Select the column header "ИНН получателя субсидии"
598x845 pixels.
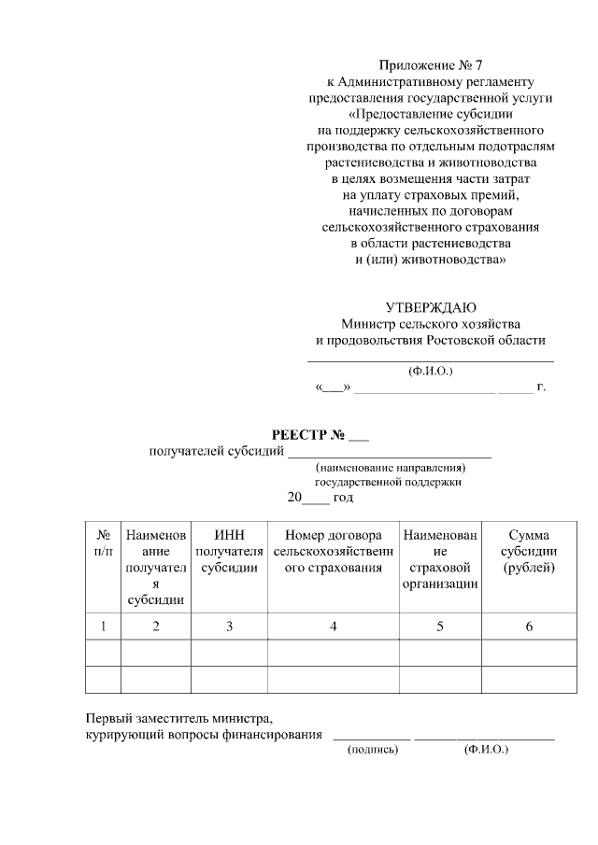tap(230, 552)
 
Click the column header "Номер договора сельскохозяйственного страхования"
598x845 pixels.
tap(333, 552)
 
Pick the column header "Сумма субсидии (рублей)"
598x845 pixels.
tap(528, 552)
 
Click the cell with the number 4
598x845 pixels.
tap(333, 626)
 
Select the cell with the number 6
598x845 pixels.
tap(528, 626)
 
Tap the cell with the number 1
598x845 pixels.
tap(103, 626)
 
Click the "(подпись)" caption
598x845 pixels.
tap(372, 749)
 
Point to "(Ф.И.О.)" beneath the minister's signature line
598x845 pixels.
tap(431, 371)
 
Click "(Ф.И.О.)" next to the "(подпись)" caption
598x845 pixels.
tap(485, 749)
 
